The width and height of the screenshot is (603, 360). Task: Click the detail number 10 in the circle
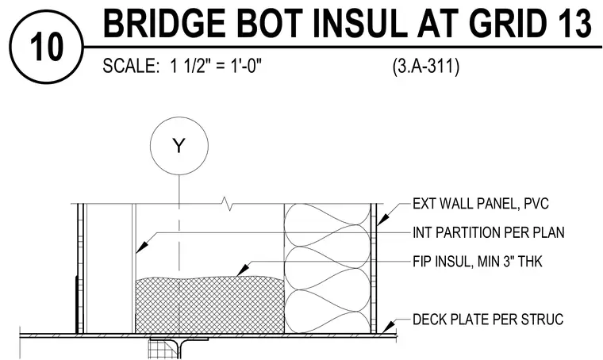pos(46,47)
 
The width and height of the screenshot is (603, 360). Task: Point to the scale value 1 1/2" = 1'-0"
pos(216,66)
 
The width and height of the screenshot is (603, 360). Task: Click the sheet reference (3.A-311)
pos(426,67)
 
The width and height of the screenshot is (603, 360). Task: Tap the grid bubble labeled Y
pos(179,146)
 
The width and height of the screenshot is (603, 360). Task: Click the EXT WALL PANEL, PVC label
pos(480,203)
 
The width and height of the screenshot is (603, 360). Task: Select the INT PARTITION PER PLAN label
pos(489,232)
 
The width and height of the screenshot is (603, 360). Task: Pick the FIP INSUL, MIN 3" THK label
pos(478,262)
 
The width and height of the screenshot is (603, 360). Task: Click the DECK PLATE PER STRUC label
pos(488,320)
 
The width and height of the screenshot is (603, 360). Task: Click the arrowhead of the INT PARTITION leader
pos(141,247)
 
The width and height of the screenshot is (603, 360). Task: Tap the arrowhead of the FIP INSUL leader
pos(242,270)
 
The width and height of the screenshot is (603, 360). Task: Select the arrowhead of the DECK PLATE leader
pos(390,327)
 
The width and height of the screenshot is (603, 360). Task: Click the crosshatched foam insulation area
pos(210,305)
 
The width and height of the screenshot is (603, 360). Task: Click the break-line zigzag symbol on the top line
pos(229,204)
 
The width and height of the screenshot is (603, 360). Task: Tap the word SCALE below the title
pos(131,66)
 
